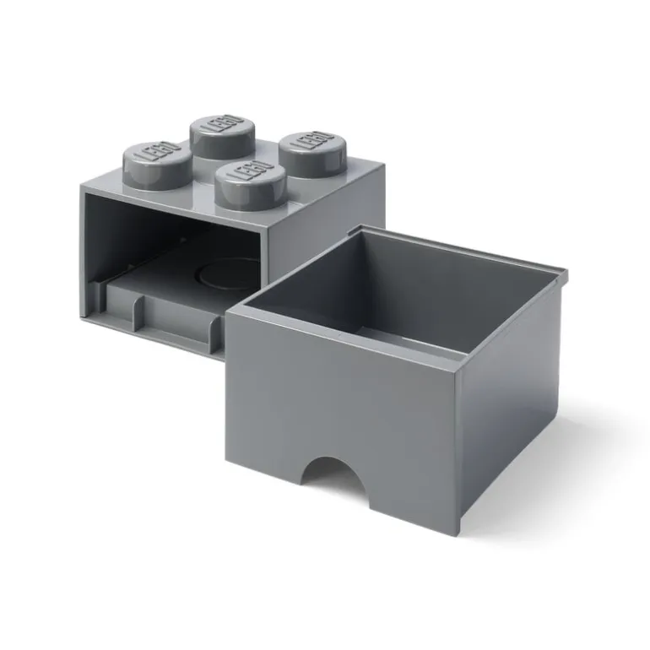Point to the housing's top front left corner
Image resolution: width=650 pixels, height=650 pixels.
(82, 187)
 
